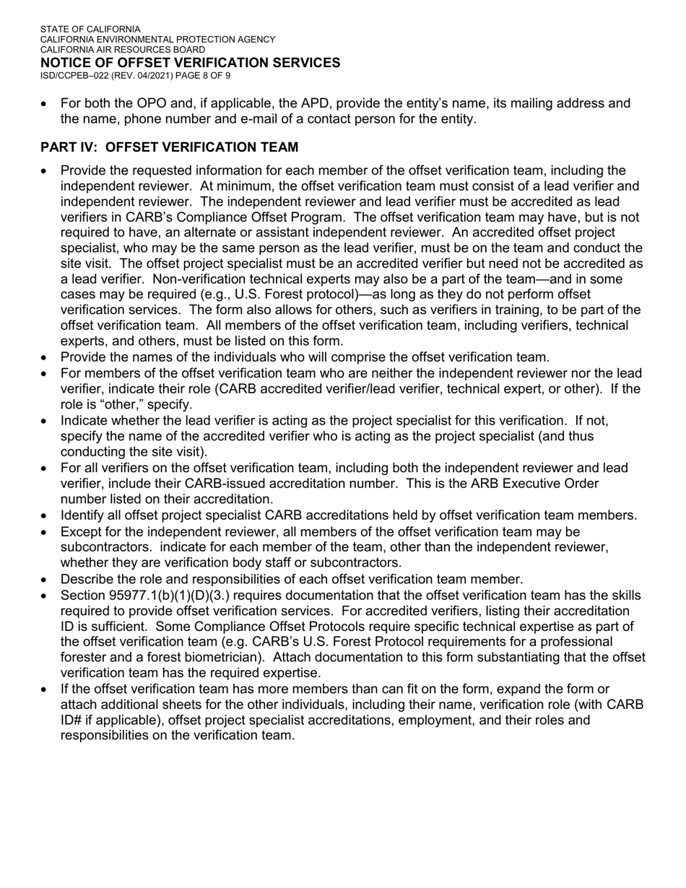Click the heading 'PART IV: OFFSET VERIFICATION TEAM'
point(169,147)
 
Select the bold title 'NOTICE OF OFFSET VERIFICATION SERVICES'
point(190,63)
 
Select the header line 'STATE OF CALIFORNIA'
point(90,30)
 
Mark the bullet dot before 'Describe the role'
point(45,580)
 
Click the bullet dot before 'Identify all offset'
point(45,516)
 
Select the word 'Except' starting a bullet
point(80,531)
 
